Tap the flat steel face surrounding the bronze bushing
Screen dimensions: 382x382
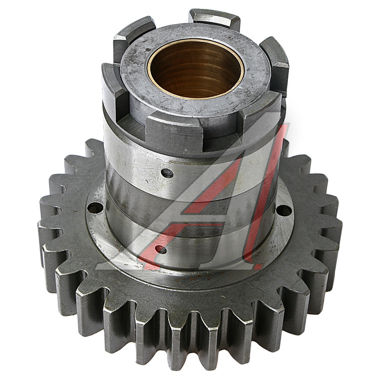pos(253,81)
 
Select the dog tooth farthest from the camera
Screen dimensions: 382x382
pos(214,19)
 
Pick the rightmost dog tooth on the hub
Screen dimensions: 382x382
pos(275,65)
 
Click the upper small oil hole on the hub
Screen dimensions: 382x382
pos(167,173)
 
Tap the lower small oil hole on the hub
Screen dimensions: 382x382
pos(161,250)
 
